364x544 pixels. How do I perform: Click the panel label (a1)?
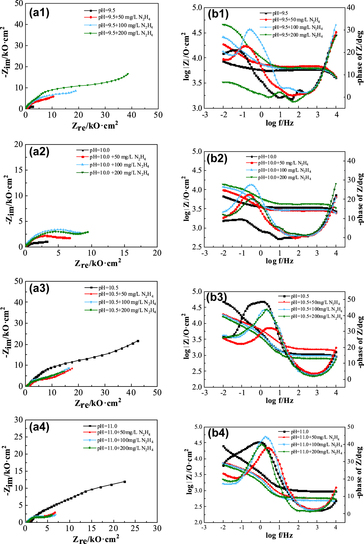(x=39, y=13)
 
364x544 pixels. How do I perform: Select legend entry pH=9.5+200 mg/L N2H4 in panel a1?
(x=125, y=33)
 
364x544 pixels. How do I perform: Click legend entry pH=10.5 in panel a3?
(x=108, y=288)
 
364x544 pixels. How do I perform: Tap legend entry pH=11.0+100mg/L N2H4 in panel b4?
(x=316, y=445)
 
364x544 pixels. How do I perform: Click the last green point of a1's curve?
(x=128, y=74)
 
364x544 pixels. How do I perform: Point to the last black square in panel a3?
(x=138, y=341)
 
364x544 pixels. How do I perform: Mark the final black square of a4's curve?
(x=125, y=482)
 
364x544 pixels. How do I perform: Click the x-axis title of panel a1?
(x=95, y=126)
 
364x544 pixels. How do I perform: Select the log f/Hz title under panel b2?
(x=279, y=261)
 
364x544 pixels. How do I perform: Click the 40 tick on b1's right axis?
(x=350, y=7)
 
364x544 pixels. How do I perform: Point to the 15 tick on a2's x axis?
(x=124, y=253)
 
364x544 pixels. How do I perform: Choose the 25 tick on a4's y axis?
(x=18, y=437)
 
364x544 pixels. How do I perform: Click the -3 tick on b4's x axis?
(x=204, y=527)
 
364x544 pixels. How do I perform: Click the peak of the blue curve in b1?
(x=250, y=29)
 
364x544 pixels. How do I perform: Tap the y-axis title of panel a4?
(x=8, y=471)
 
